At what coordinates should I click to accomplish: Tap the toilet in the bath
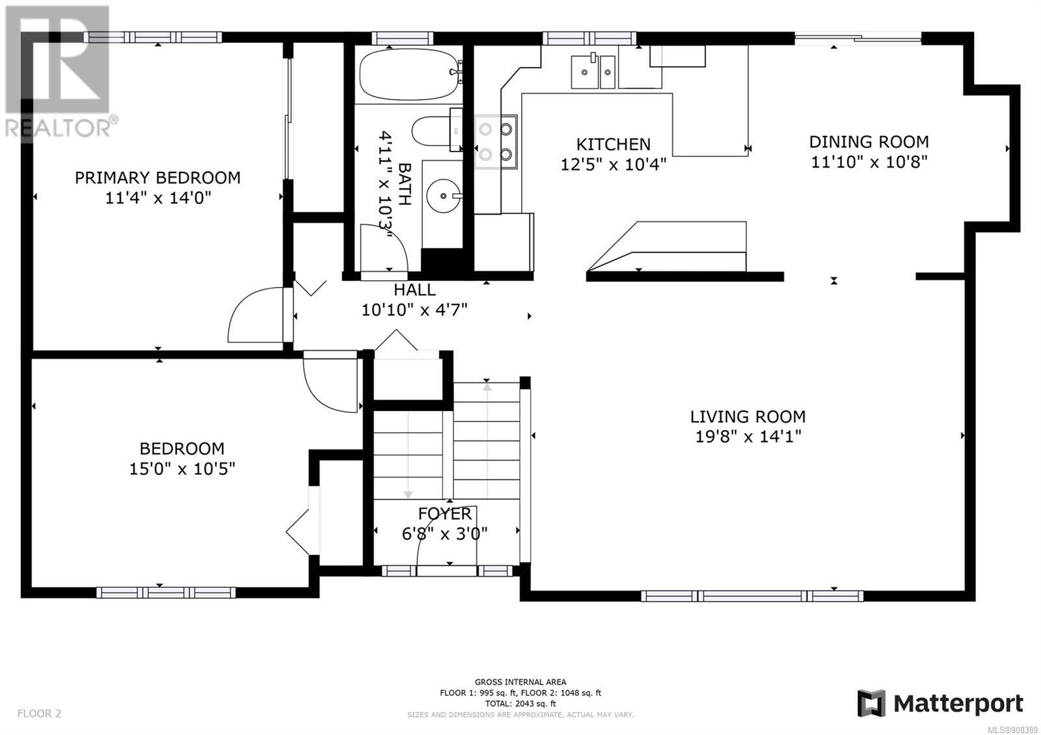click(437, 130)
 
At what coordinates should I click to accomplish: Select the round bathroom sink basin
click(444, 196)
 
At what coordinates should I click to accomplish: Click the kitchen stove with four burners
click(496, 142)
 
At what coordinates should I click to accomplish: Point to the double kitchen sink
click(593, 72)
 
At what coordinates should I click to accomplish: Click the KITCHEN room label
click(613, 144)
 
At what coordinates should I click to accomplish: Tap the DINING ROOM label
click(869, 142)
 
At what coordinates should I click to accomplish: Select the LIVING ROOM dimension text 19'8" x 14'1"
click(748, 436)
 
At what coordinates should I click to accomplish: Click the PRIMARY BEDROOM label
click(157, 178)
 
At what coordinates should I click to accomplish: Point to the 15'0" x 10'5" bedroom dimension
click(182, 469)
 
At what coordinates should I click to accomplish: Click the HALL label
click(414, 290)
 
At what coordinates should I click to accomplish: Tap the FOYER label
click(445, 513)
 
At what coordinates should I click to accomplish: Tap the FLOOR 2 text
click(39, 714)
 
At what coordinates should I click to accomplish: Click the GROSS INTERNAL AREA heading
click(520, 682)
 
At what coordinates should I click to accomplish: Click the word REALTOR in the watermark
click(58, 128)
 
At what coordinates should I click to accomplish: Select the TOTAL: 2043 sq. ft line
click(520, 703)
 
